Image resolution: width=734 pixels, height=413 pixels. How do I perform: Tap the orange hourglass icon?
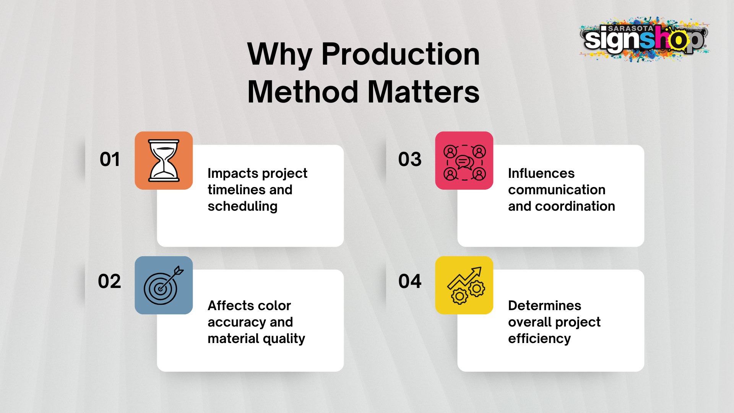click(x=164, y=161)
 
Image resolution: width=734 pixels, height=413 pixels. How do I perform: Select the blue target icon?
click(x=164, y=285)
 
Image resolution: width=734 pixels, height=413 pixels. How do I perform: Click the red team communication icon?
click(x=464, y=161)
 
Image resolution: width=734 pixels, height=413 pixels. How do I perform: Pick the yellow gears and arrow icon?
click(x=464, y=285)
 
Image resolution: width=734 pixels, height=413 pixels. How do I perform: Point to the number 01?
click(x=110, y=159)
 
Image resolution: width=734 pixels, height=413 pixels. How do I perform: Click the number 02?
click(x=109, y=281)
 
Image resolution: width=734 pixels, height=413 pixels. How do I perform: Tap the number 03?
click(x=410, y=159)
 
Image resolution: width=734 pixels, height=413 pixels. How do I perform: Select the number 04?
click(x=410, y=281)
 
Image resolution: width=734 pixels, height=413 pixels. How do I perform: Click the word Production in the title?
click(x=401, y=54)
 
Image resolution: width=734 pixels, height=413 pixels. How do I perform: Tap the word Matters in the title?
click(x=424, y=92)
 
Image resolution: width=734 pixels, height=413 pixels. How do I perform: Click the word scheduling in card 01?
click(x=242, y=207)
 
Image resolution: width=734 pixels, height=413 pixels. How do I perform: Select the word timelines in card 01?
click(x=237, y=190)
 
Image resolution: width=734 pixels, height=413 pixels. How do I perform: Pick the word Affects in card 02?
click(x=231, y=306)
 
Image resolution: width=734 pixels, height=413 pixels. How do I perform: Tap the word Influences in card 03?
click(x=541, y=173)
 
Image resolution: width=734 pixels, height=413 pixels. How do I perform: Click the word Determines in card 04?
click(x=544, y=306)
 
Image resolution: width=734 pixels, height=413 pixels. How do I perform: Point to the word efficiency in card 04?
click(x=539, y=339)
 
